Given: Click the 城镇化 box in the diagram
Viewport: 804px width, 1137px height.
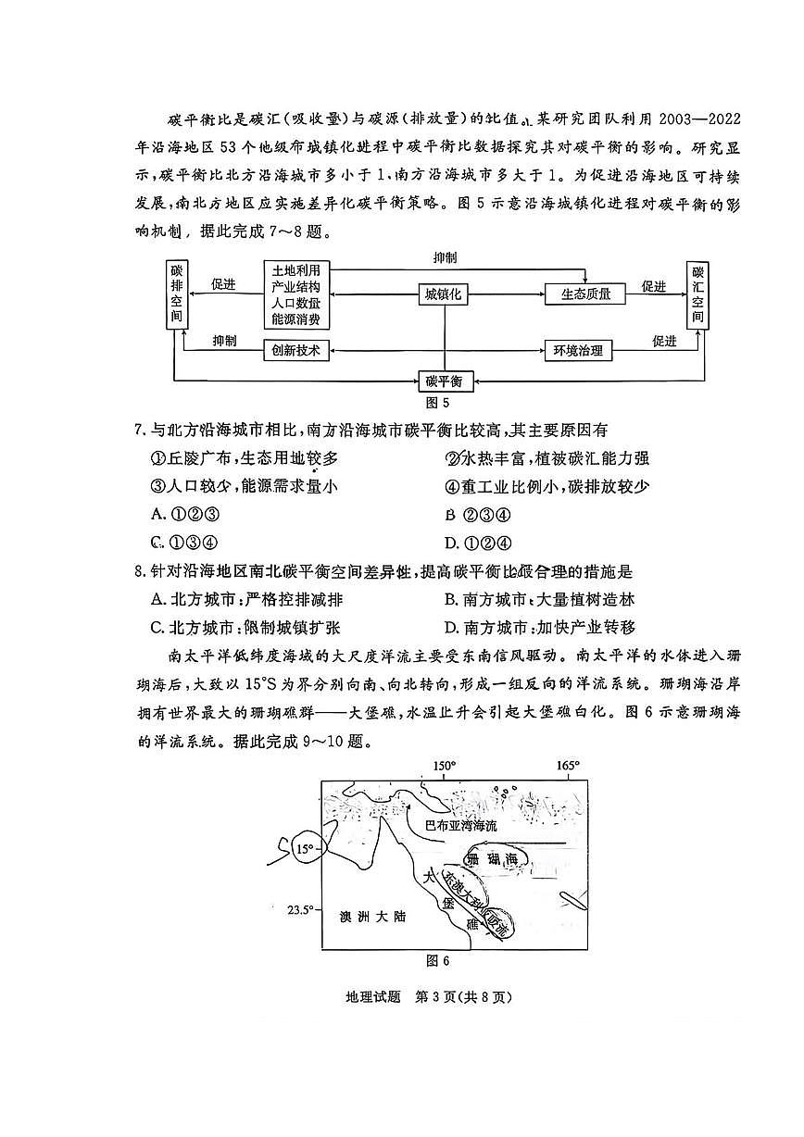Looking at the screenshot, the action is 444,294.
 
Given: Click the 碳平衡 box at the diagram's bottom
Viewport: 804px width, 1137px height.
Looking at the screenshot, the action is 445,381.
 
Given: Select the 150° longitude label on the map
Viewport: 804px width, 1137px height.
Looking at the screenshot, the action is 445,767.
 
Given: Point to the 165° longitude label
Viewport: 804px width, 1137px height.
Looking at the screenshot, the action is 568,767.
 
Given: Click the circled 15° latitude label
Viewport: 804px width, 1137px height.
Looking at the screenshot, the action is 303,848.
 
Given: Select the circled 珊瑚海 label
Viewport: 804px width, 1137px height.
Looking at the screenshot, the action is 494,860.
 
